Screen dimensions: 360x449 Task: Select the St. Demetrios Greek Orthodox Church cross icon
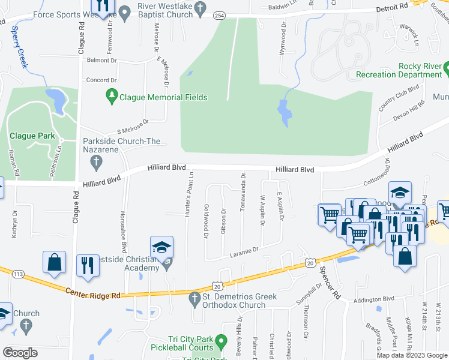tap(194, 298)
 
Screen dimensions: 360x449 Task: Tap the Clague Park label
tap(31, 136)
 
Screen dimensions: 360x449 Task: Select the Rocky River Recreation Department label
tap(399, 70)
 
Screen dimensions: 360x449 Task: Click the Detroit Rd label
tap(393, 5)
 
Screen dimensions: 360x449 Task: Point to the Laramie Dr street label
tap(244, 251)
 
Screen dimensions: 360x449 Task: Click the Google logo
tap(20, 352)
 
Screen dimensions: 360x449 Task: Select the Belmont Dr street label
tap(101, 61)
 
